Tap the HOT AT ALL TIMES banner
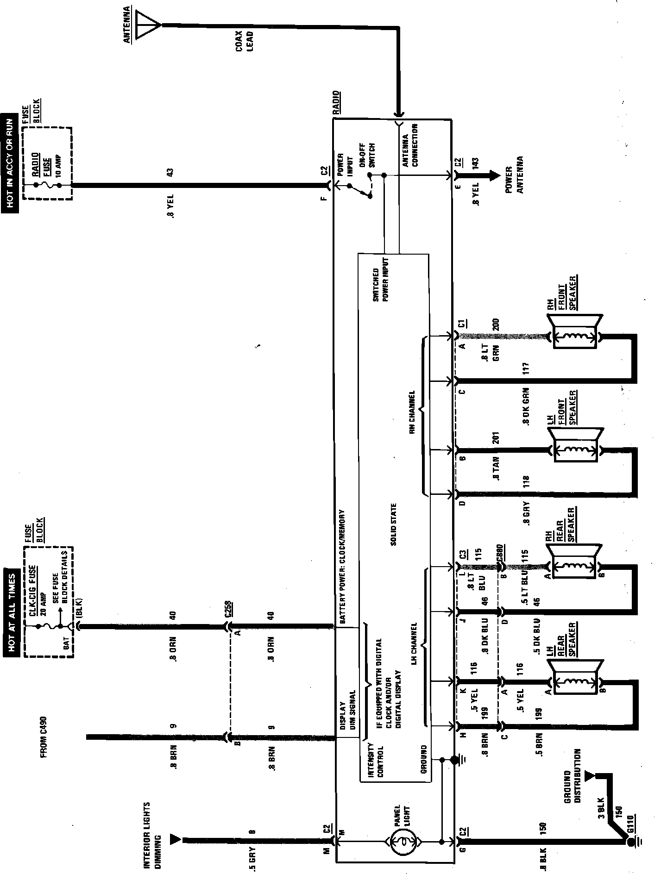click(10, 615)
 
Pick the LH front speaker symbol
click(574, 449)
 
